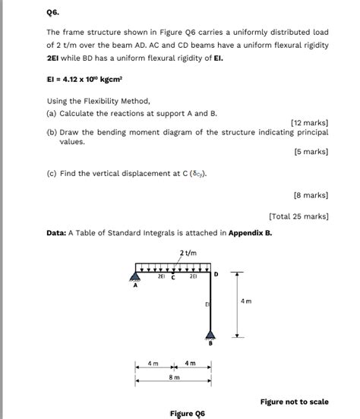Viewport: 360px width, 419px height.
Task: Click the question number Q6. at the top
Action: tap(53, 12)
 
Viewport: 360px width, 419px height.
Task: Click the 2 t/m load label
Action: tap(188, 252)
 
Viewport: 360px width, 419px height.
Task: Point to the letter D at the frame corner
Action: tap(217, 273)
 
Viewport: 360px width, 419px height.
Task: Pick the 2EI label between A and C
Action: tap(161, 277)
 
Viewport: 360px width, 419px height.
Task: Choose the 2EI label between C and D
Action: tap(194, 277)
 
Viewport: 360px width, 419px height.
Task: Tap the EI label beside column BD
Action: tap(206, 304)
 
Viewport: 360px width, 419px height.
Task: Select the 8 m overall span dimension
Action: tap(174, 376)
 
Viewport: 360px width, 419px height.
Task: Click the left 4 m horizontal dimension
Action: tap(153, 364)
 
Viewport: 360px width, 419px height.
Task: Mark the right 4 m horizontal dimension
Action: tap(193, 364)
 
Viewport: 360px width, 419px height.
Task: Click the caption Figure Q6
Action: tap(188, 414)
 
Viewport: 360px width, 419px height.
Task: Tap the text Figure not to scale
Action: tap(294, 402)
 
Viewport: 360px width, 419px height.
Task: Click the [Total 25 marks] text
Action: tap(298, 216)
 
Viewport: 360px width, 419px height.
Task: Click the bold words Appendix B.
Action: tap(249, 233)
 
